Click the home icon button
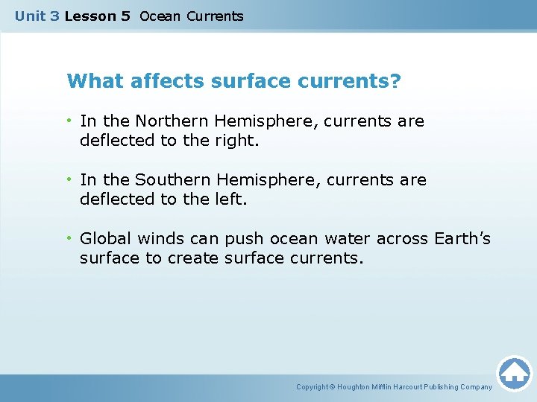click(514, 372)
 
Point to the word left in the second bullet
click(232, 199)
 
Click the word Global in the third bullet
click(103, 238)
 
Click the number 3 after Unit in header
click(54, 16)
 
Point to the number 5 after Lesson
click(125, 16)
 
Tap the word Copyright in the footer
click(313, 387)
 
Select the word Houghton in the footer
click(355, 387)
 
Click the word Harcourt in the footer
click(410, 387)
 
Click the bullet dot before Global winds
click(69, 238)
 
